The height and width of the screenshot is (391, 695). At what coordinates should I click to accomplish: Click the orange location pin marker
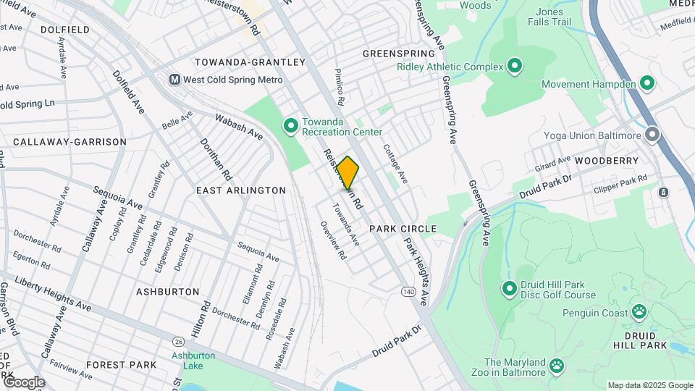348,172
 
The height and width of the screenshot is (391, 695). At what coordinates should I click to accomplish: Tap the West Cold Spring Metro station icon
174,80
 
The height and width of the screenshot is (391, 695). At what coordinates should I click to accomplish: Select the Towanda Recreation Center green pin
290,127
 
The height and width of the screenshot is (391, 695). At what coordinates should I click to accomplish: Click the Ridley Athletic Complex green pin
515,67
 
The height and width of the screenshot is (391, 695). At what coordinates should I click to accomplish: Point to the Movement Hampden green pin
647,85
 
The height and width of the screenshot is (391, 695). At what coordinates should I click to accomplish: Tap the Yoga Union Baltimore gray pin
653,135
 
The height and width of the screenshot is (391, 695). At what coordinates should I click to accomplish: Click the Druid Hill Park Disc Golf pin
509,290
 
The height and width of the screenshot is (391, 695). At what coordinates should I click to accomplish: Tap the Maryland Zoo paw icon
557,366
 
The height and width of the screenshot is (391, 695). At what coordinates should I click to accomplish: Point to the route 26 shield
177,341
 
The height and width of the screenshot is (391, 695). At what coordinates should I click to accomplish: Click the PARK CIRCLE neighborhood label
403,229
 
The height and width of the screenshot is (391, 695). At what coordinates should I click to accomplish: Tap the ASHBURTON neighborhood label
167,291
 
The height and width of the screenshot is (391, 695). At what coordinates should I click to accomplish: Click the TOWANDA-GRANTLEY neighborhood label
250,62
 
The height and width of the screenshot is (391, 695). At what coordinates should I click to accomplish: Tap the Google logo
24,382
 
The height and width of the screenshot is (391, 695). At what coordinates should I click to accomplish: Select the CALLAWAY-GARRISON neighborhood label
69,142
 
